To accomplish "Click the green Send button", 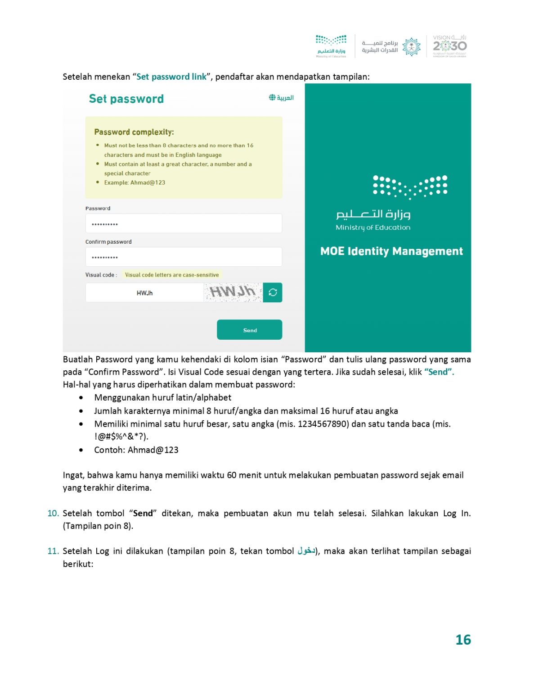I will [x=249, y=330].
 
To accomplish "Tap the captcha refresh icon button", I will [x=273, y=292].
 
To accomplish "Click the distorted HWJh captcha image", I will [x=233, y=292].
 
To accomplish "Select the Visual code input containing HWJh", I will [x=144, y=293].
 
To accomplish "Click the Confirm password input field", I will [x=184, y=257].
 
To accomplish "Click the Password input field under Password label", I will [x=184, y=223].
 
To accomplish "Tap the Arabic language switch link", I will [x=281, y=98].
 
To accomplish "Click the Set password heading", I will [x=126, y=99].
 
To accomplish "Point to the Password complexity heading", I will [x=134, y=132].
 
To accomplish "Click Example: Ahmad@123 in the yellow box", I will [x=135, y=182].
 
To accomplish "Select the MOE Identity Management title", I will [x=391, y=251].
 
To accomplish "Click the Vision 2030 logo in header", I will [x=449, y=46].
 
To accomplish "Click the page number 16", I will [x=463, y=640].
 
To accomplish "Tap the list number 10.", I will [x=53, y=514].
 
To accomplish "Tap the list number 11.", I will [x=53, y=551].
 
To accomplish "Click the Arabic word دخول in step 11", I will [x=306, y=551].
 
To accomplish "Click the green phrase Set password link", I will [x=171, y=77].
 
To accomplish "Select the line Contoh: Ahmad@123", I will [x=136, y=450].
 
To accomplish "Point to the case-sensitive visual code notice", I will [x=172, y=275].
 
